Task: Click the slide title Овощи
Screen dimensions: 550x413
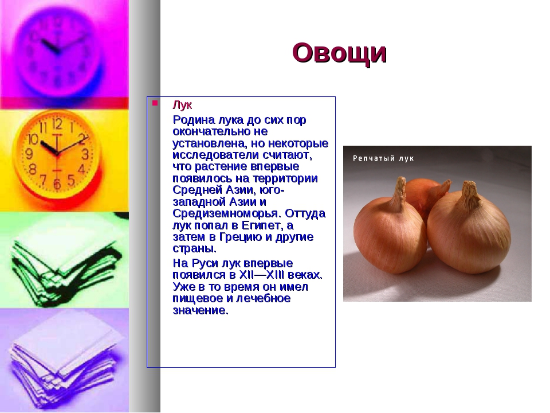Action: click(340, 53)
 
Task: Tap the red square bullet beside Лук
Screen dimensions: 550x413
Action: click(155, 103)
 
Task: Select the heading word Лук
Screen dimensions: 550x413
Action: click(182, 105)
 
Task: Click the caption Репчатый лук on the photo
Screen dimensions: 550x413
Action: click(383, 158)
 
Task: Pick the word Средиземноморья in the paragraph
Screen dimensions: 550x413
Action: click(227, 213)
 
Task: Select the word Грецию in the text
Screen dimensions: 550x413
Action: click(241, 237)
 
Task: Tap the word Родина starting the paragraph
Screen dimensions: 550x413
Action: click(194, 120)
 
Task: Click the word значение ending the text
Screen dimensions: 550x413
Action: click(201, 310)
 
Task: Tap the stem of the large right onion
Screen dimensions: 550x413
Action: click(470, 194)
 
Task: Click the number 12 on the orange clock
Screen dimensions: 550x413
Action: click(57, 124)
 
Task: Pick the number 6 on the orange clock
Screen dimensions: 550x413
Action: click(57, 184)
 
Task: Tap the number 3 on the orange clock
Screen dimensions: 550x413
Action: click(85, 154)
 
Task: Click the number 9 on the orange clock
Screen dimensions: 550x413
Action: click(29, 154)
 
